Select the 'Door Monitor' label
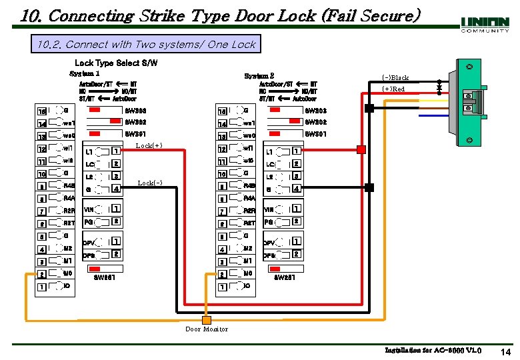pyautogui.click(x=207, y=329)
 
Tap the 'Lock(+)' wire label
pyautogui.click(x=149, y=145)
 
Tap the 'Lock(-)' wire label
pyautogui.click(x=149, y=183)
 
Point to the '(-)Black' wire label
pyautogui.click(x=395, y=77)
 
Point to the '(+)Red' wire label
pyautogui.click(x=393, y=89)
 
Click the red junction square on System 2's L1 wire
pyautogui.click(x=361, y=149)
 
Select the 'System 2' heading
pyautogui.click(x=259, y=76)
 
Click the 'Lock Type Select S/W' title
pyautogui.click(x=116, y=63)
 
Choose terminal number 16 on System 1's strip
pyautogui.click(x=42, y=111)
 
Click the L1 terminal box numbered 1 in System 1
pyautogui.click(x=116, y=151)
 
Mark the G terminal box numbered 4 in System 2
pyautogui.click(x=297, y=189)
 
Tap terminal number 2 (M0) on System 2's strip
pyautogui.click(x=221, y=274)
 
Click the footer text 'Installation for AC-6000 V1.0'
pyautogui.click(x=433, y=350)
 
